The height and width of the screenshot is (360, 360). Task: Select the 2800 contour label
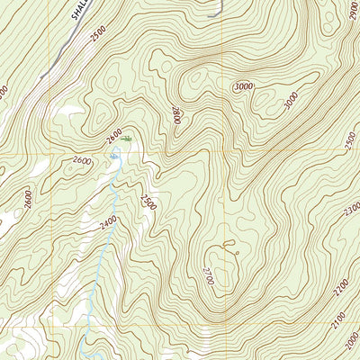[176, 114]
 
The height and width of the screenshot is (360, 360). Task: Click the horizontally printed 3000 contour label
[242, 85]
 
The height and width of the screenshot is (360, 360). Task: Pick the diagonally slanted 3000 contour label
[290, 101]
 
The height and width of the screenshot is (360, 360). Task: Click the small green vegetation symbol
[129, 139]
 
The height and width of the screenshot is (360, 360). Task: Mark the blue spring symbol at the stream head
[114, 157]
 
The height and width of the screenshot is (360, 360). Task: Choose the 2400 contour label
[109, 221]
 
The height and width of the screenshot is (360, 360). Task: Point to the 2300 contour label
[352, 209]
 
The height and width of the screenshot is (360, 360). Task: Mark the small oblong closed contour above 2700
[226, 242]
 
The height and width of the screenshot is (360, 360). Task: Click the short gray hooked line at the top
[216, 11]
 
